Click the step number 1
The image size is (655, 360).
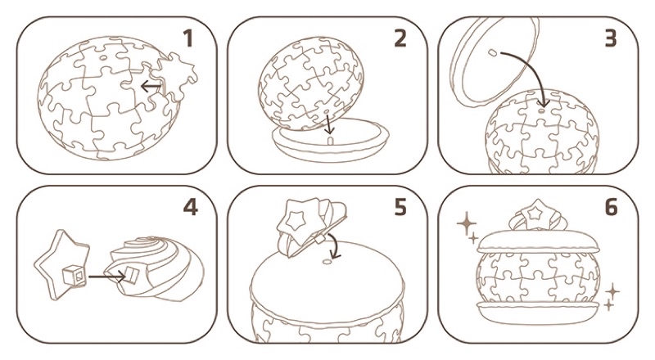[x=188, y=38]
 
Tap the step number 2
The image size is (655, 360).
[x=400, y=38]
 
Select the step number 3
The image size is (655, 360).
[x=610, y=38]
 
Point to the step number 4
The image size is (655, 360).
[x=191, y=207]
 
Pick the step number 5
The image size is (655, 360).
[x=400, y=207]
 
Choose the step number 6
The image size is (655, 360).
[x=611, y=207]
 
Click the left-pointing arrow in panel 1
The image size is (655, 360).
[x=151, y=87]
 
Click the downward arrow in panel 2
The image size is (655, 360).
[x=329, y=124]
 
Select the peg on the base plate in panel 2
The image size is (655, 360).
[x=330, y=140]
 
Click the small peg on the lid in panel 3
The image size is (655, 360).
[x=493, y=52]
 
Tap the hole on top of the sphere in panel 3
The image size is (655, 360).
[x=542, y=111]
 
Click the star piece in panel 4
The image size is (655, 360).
[x=63, y=265]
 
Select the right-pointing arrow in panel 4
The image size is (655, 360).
[x=107, y=276]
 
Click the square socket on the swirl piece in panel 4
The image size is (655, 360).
[x=132, y=274]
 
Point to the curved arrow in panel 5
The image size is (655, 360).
[x=335, y=246]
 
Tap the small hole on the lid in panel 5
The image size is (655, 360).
[x=326, y=262]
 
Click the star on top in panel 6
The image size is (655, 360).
[x=535, y=214]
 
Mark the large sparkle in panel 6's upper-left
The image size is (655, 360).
[x=467, y=224]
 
